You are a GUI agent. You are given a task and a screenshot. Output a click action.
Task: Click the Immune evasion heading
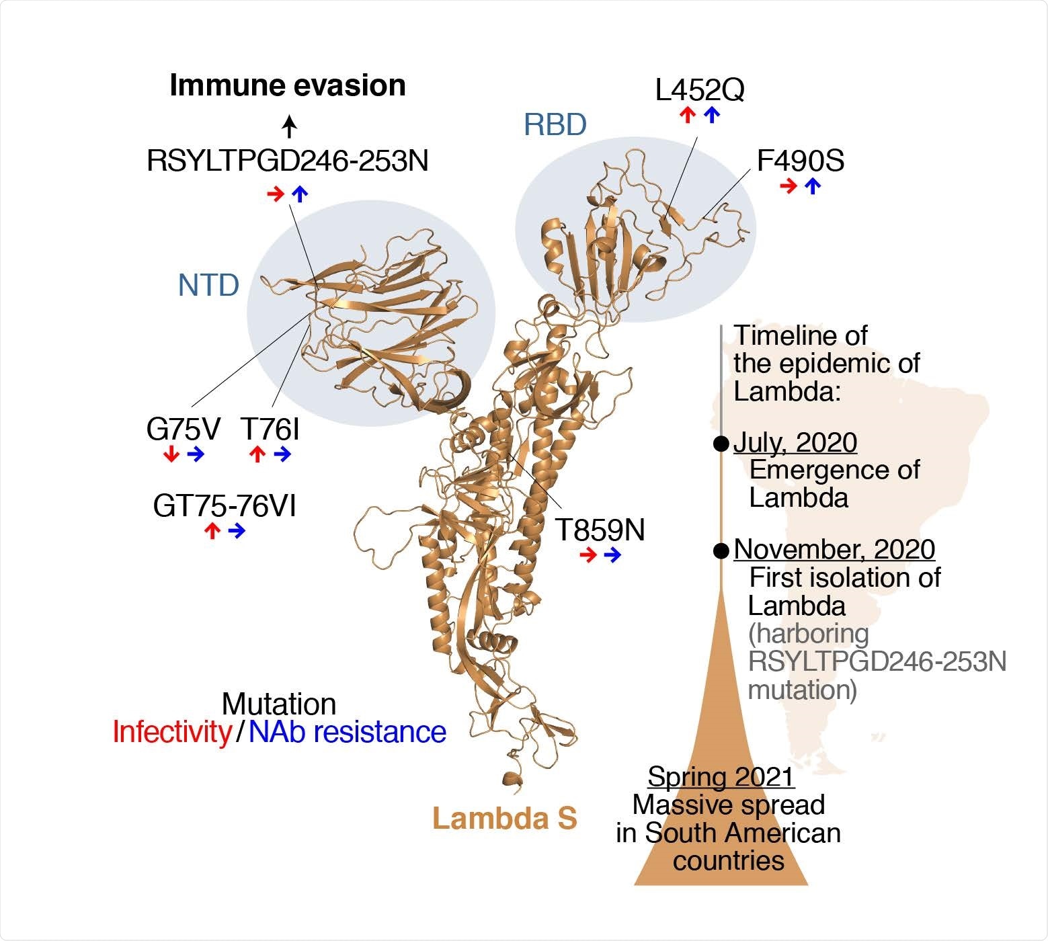click(x=288, y=86)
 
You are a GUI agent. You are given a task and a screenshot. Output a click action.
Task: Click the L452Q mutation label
click(x=700, y=91)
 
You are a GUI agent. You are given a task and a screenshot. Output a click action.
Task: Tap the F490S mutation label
click(x=801, y=161)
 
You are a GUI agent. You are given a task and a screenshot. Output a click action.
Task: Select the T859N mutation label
click(x=600, y=530)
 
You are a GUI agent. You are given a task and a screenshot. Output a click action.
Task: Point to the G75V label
click(x=183, y=429)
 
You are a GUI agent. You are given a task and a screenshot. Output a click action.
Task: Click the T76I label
click(x=270, y=429)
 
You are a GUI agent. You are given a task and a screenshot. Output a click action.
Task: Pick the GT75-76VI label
click(x=225, y=506)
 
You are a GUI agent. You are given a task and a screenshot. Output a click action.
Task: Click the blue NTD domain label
click(x=208, y=286)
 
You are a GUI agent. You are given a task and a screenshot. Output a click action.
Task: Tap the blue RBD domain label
click(x=555, y=125)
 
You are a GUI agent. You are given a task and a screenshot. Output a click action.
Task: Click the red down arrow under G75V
click(x=171, y=455)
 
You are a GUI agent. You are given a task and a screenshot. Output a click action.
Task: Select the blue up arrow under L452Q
click(x=712, y=116)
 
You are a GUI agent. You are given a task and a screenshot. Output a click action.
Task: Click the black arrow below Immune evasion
click(x=288, y=125)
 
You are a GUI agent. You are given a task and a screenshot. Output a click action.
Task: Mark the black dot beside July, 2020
click(x=721, y=444)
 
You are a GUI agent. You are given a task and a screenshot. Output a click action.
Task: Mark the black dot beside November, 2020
click(x=721, y=550)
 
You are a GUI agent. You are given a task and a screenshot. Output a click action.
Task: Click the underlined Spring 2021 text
click(x=721, y=777)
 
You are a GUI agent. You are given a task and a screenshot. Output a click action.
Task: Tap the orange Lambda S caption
click(x=505, y=819)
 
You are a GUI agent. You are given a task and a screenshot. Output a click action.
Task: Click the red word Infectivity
click(x=172, y=732)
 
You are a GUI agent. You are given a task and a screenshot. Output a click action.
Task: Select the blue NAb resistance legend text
click(x=348, y=732)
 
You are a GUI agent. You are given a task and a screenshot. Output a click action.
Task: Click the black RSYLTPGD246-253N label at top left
click(x=288, y=161)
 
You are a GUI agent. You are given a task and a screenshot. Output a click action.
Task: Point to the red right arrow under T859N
click(x=588, y=555)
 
